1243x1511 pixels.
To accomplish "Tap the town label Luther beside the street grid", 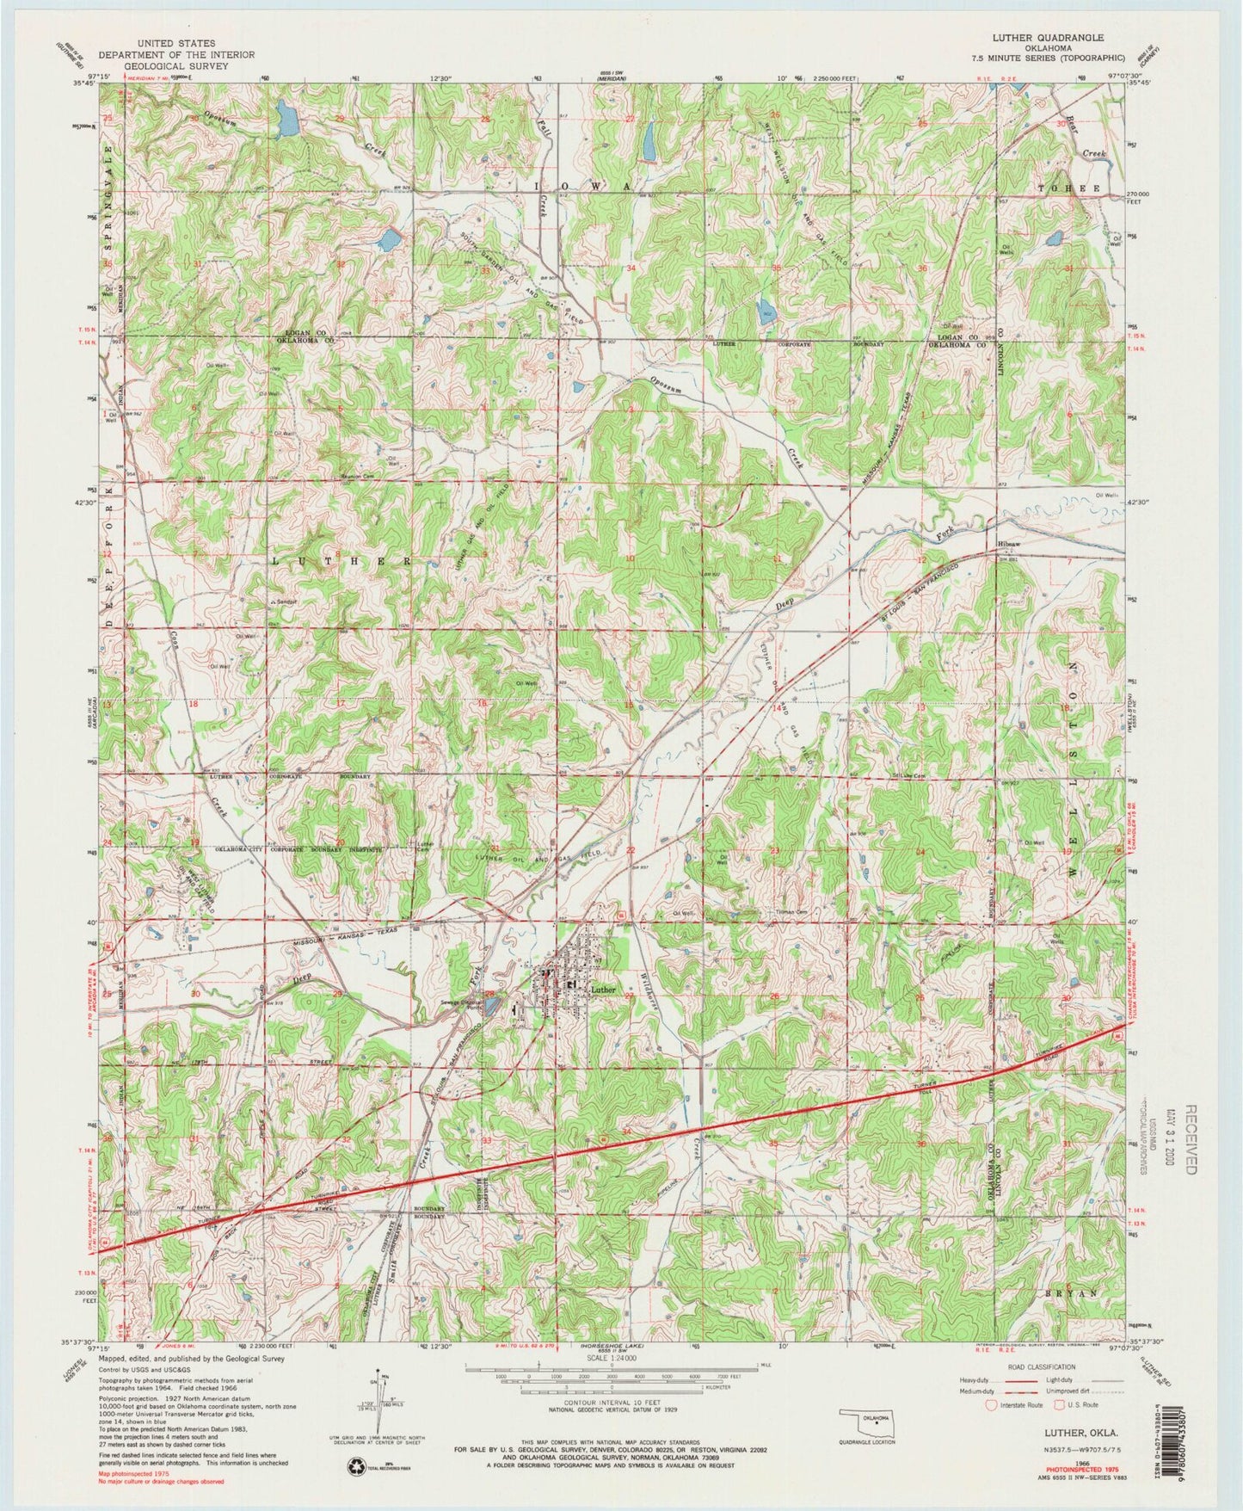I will click(602, 990).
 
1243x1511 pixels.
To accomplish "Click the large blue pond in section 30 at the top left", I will click(285, 119).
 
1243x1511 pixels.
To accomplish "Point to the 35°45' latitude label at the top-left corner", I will click(83, 83).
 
